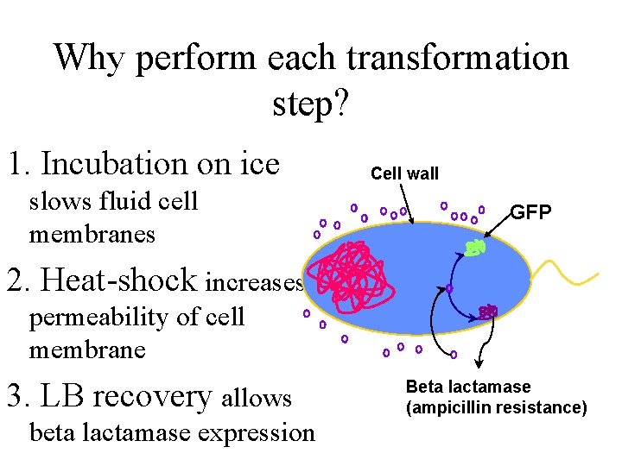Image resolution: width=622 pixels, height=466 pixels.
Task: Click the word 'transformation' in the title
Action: (463, 58)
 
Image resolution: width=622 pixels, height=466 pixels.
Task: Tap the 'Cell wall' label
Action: (404, 173)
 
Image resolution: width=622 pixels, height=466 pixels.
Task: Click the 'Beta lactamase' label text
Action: (468, 387)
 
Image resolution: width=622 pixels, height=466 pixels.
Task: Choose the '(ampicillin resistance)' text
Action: (496, 407)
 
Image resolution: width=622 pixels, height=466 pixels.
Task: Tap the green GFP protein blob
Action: (474, 248)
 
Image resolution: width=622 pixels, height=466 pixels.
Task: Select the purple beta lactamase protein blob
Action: (488, 312)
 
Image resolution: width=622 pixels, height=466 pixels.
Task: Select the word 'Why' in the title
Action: (84, 58)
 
